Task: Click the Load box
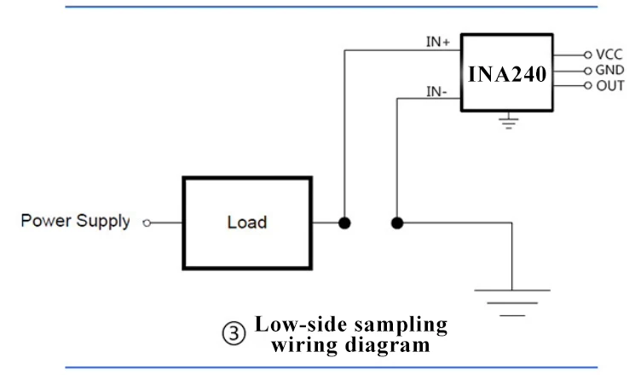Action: tap(247, 222)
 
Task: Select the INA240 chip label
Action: tap(507, 73)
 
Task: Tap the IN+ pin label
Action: tap(438, 41)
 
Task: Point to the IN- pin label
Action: tap(438, 91)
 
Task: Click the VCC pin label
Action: tap(610, 54)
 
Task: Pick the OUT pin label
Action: tap(610, 85)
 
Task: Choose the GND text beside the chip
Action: tap(610, 69)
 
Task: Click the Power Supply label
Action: tap(75, 222)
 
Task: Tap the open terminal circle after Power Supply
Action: tap(147, 223)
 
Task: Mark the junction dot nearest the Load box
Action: tap(344, 223)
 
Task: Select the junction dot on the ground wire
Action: tap(397, 223)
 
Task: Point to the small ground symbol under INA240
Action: tap(509, 122)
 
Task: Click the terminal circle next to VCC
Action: tap(587, 54)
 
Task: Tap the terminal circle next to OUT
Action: tap(587, 85)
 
